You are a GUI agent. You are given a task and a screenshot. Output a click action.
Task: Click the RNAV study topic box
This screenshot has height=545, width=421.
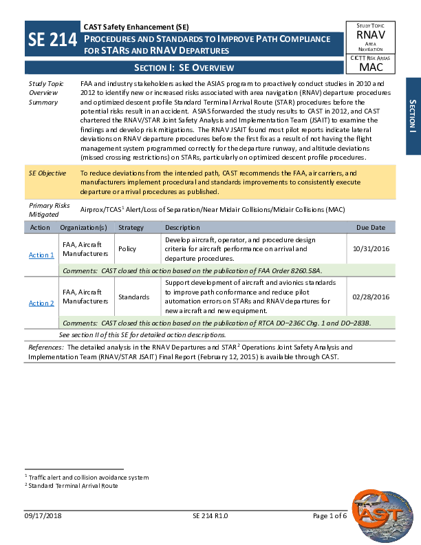(371, 36)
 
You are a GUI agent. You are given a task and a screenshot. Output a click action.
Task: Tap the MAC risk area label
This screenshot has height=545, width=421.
(371, 67)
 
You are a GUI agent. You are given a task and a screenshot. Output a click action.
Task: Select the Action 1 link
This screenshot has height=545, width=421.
(41, 255)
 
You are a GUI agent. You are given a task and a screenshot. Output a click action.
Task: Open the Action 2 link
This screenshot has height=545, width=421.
(41, 303)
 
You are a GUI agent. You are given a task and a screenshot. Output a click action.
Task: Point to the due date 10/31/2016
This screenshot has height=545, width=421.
(371, 248)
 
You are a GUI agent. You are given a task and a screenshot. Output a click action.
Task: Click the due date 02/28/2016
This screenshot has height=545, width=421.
(371, 297)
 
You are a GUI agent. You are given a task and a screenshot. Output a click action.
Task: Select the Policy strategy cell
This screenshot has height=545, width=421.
(127, 248)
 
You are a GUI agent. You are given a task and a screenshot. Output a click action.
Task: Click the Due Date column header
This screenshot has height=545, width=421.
(371, 227)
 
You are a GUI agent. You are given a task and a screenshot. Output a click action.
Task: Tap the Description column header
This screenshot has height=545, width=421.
(182, 227)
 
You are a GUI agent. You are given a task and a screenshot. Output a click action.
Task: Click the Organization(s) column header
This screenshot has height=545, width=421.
(83, 227)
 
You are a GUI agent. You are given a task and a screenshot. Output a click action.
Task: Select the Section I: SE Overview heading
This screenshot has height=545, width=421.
(184, 67)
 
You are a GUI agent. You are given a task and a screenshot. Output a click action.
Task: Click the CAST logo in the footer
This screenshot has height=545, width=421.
(380, 510)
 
